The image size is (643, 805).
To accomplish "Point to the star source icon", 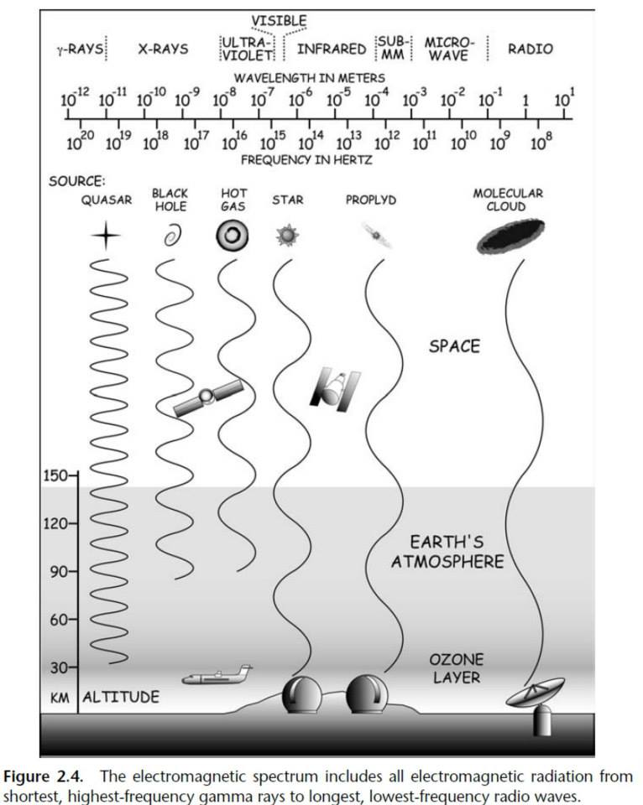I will tap(286, 236).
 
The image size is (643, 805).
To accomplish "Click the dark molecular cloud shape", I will tap(510, 236).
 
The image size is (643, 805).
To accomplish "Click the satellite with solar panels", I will tap(207, 397).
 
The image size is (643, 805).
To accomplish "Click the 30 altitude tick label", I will tap(59, 667).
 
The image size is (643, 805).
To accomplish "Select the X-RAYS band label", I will tap(163, 49).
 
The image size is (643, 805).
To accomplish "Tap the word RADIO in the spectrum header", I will tap(531, 49).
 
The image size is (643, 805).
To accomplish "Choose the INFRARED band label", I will tap(332, 49).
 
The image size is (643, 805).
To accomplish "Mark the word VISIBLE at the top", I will tap(280, 20).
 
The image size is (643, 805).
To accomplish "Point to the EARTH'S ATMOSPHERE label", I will tap(447, 551).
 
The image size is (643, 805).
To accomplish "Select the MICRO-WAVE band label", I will tap(449, 49).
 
